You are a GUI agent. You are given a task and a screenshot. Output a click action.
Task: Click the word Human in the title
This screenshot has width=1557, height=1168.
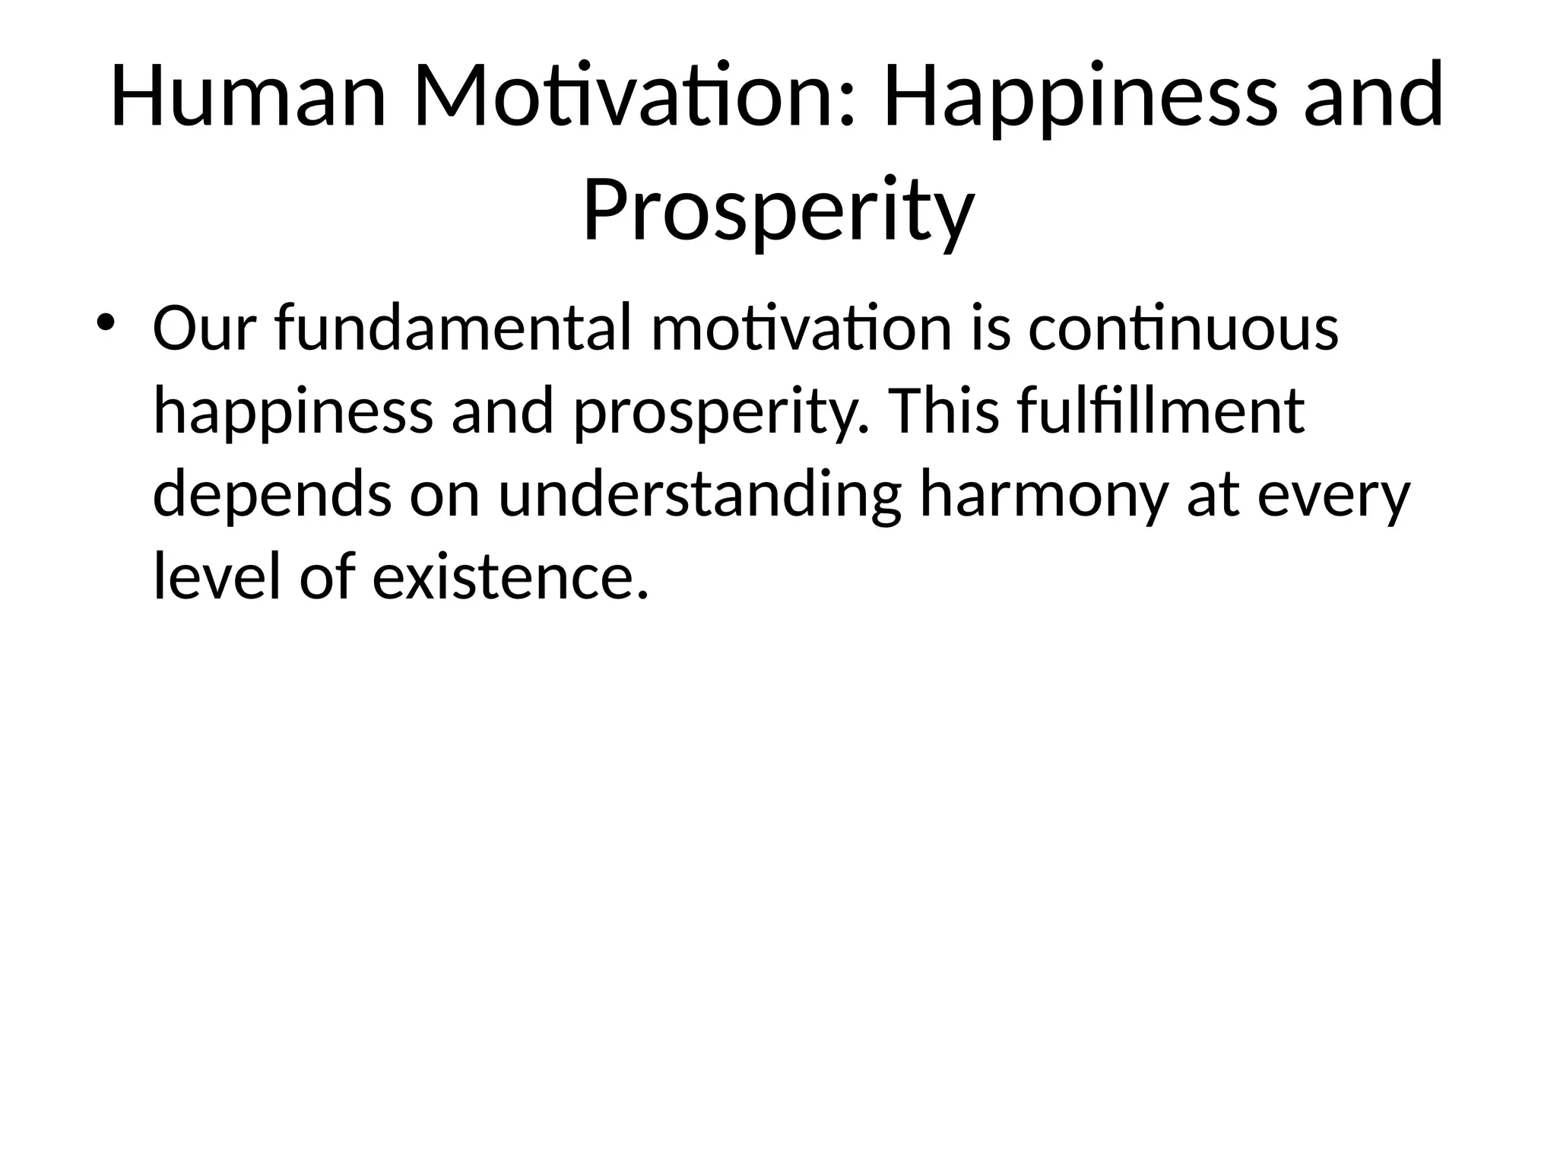[x=248, y=97]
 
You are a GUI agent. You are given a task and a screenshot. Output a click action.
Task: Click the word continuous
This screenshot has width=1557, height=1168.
[x=1183, y=328]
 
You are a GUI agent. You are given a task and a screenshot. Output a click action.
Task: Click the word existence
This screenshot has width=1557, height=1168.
[x=511, y=576]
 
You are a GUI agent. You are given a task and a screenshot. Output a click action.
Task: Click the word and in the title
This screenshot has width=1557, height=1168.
[x=1374, y=97]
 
